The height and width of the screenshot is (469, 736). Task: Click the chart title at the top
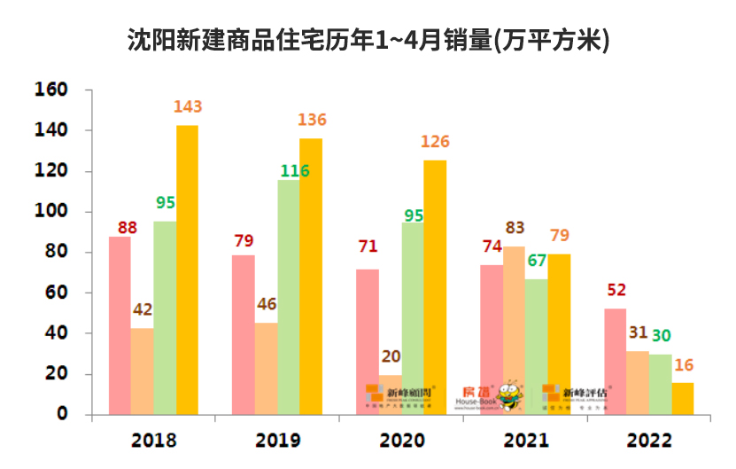pyautogui.click(x=368, y=42)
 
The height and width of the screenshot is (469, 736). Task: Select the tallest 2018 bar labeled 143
pyautogui.click(x=187, y=270)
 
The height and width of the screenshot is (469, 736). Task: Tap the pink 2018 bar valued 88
pyautogui.click(x=120, y=325)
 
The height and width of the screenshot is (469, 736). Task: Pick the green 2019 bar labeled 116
pyautogui.click(x=289, y=297)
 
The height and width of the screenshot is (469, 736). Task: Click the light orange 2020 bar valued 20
pyautogui.click(x=390, y=394)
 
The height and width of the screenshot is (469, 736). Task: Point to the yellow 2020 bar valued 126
pyautogui.click(x=435, y=287)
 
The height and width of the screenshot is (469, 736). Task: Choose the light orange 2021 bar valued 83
pyautogui.click(x=514, y=330)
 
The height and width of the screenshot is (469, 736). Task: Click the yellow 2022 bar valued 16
pyautogui.click(x=683, y=398)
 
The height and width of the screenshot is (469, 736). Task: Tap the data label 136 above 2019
pyautogui.click(x=313, y=120)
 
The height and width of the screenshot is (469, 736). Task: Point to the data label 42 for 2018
pyautogui.click(x=143, y=309)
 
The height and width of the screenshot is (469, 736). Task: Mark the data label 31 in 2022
pyautogui.click(x=639, y=332)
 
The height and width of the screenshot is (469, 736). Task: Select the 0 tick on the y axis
pyautogui.click(x=62, y=414)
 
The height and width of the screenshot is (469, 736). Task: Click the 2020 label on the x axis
pyautogui.click(x=401, y=441)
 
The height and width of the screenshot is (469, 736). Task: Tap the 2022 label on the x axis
pyautogui.click(x=649, y=441)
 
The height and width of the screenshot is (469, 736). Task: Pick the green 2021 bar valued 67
pyautogui.click(x=537, y=347)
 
